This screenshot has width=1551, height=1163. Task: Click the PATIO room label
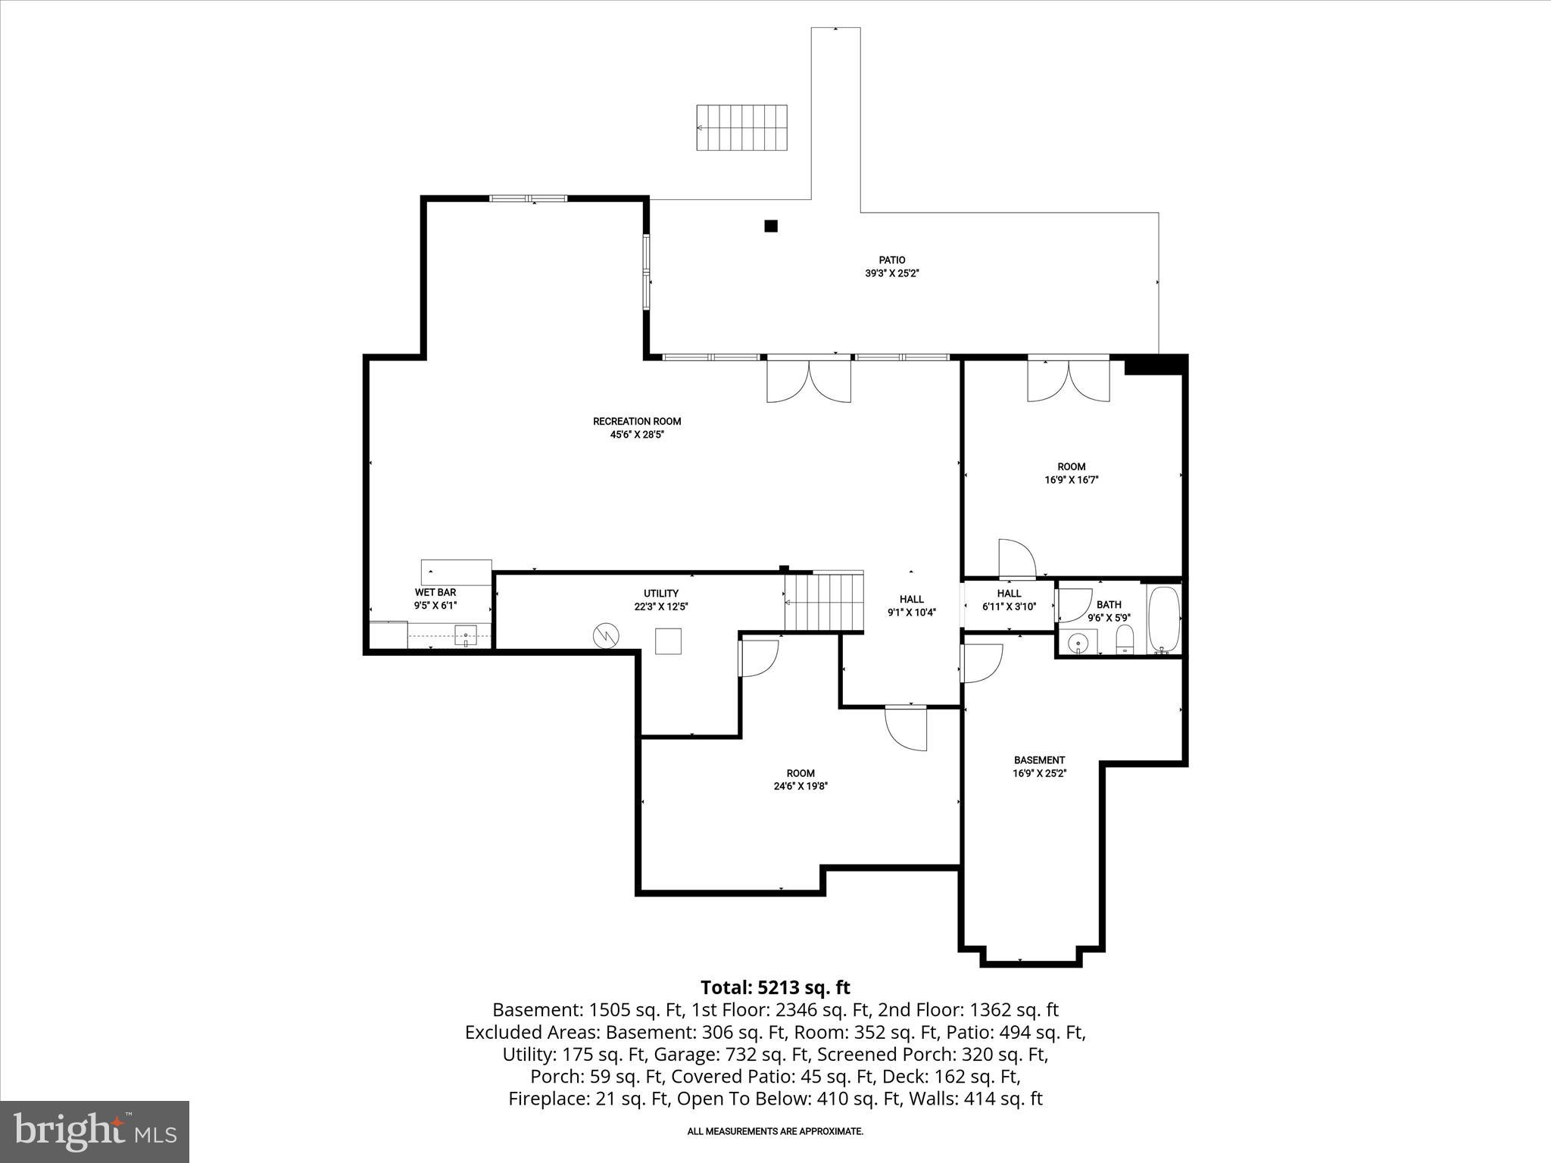(x=891, y=260)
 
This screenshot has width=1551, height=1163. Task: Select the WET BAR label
(x=435, y=592)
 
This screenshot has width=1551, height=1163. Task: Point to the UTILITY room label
(x=660, y=594)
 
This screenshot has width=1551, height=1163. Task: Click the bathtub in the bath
(x=1163, y=619)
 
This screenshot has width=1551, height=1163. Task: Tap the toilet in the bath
(x=1125, y=639)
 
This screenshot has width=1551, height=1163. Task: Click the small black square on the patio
(x=771, y=226)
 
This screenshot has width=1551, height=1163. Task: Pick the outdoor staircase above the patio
(x=741, y=127)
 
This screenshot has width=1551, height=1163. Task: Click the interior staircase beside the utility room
(x=824, y=602)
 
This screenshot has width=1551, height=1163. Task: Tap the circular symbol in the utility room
(x=606, y=635)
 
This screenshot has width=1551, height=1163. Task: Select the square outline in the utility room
(x=668, y=641)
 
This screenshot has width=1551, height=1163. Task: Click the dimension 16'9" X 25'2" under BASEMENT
(x=1039, y=773)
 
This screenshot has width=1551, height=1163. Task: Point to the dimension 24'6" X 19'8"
(x=800, y=786)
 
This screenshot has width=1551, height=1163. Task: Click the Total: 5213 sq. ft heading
(x=775, y=987)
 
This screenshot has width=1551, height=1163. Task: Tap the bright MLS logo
(x=95, y=1131)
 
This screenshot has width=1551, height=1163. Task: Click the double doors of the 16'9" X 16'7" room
(x=1069, y=381)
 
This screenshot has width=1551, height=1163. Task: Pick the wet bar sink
(x=465, y=635)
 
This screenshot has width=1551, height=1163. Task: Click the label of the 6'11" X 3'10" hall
(x=1009, y=594)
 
